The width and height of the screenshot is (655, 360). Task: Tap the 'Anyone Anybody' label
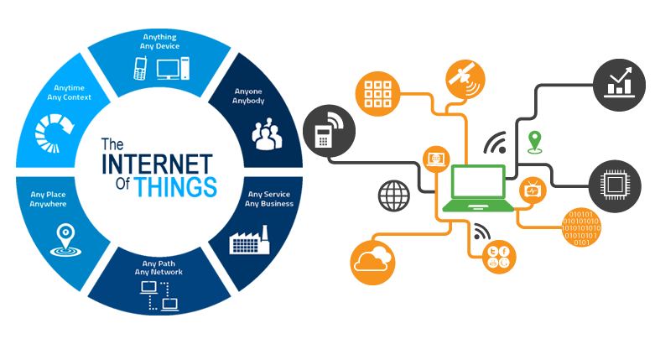pyautogui.click(x=248, y=96)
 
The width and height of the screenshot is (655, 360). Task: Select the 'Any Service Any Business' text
pyautogui.click(x=268, y=199)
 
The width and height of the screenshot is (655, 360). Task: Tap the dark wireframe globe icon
pyautogui.click(x=394, y=195)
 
